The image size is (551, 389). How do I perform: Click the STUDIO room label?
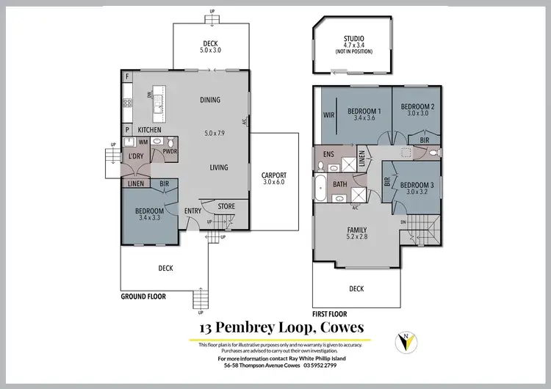point(359,38)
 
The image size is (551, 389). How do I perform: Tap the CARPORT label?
point(274,175)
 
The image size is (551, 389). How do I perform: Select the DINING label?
point(210,101)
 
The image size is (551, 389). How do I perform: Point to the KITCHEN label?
point(149,129)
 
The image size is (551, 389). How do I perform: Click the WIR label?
point(328,115)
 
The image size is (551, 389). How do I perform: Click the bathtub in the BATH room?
point(322,192)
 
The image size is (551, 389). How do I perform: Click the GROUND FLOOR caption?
point(143,297)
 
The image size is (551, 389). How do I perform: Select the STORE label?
point(226,206)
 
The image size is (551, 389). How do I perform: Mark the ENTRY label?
point(192,211)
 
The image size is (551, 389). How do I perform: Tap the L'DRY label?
point(135,157)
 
